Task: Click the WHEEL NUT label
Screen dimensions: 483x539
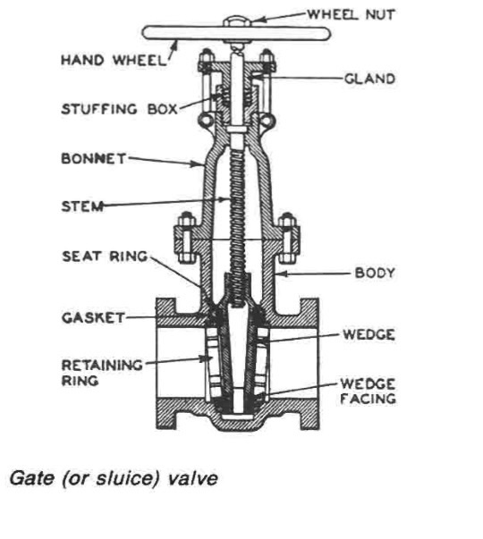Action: pos(351,15)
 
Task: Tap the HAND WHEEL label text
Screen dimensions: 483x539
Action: pos(114,60)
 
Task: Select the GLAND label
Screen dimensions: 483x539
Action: pos(369,79)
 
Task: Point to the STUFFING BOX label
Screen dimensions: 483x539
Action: pos(119,109)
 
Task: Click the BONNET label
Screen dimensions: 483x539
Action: pos(94,158)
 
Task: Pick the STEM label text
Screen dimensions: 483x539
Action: pos(82,206)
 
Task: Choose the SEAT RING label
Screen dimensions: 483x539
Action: pos(105,257)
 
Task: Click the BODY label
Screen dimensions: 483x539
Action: pos(375,273)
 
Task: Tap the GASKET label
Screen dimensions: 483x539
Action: pos(93,317)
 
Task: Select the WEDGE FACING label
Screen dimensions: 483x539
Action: pos(368,392)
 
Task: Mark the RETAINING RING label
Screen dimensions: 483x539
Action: pos(102,373)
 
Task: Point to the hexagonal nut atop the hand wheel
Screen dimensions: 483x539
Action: pos(237,22)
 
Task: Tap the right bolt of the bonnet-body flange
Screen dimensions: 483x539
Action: pos(287,238)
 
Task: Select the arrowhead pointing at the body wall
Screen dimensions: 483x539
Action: pos(281,274)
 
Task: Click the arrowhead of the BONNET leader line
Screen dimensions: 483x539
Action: pos(198,164)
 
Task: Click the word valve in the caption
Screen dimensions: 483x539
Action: pos(193,478)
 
